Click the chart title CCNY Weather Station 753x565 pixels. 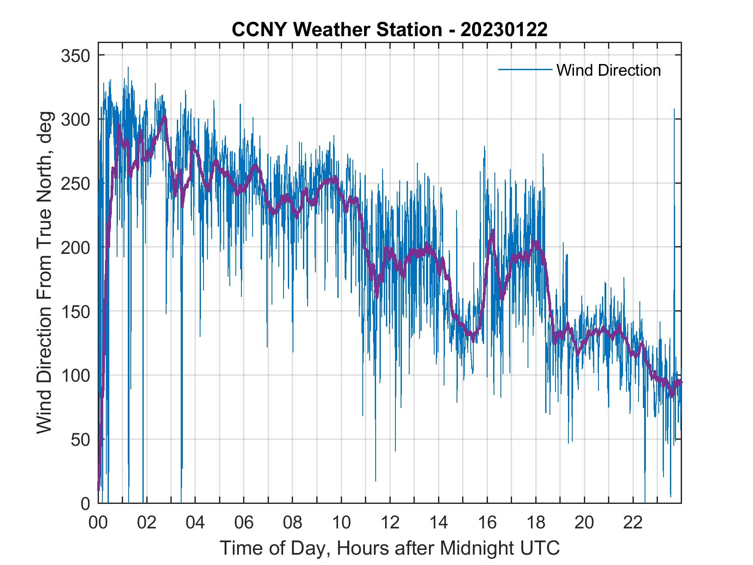click(336, 30)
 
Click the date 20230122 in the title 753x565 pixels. click(504, 30)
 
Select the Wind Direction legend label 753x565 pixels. click(608, 70)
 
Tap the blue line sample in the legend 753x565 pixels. click(525, 70)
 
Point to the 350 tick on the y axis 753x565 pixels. click(76, 56)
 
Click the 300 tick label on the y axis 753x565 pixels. click(76, 119)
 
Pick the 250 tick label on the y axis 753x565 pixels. click(76, 183)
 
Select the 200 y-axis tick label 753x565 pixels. click(76, 247)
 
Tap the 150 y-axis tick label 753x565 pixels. click(76, 311)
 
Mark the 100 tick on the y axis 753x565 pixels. click(76, 375)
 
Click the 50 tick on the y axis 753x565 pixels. click(80, 439)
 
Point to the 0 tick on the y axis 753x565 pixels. click(85, 503)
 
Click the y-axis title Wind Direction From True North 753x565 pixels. click(45, 272)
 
